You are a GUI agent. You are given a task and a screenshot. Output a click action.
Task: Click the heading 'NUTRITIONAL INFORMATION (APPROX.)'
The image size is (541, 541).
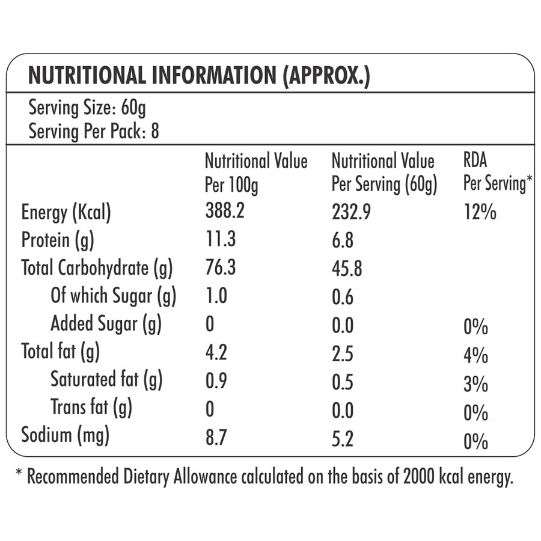click(x=199, y=76)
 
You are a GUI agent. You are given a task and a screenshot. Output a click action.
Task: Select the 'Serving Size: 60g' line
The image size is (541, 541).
click(x=87, y=108)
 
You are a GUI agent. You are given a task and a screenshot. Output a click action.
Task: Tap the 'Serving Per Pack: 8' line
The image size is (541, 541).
click(x=94, y=131)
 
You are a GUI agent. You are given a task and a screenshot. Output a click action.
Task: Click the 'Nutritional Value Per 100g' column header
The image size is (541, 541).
click(x=255, y=173)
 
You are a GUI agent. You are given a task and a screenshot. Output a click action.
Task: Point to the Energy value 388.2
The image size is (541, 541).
click(x=225, y=212)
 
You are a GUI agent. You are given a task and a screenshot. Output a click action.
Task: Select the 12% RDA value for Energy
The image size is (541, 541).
click(x=480, y=213)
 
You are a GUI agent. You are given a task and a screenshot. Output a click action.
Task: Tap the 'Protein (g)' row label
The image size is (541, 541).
click(x=58, y=240)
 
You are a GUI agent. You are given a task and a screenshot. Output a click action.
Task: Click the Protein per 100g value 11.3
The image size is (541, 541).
click(x=220, y=240)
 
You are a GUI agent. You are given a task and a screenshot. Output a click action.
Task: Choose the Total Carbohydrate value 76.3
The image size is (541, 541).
click(x=221, y=268)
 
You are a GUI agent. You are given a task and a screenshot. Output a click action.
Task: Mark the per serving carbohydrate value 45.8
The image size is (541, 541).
click(x=347, y=269)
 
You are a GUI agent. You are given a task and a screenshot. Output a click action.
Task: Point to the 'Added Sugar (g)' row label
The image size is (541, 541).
click(x=106, y=324)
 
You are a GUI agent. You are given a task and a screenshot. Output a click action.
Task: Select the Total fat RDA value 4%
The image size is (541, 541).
click(x=475, y=355)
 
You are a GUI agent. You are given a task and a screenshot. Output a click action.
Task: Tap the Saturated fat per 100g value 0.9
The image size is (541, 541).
click(x=216, y=381)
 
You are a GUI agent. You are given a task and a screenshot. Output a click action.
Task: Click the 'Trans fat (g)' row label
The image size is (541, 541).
click(x=91, y=408)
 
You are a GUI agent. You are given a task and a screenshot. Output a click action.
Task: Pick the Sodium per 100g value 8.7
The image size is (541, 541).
click(x=216, y=436)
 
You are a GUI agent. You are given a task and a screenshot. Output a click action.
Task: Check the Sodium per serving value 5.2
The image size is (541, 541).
click(x=343, y=437)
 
